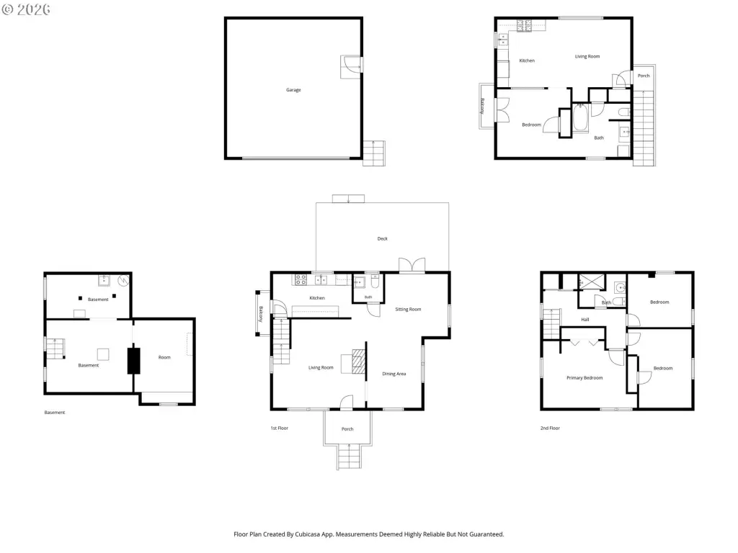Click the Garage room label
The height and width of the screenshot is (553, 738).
[293, 90]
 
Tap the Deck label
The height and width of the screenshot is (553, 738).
[382, 239]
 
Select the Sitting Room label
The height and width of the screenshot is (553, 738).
[408, 310]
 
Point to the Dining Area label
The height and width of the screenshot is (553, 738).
[394, 374]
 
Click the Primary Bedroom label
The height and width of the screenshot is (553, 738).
[584, 378]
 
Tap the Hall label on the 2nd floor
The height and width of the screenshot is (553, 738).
[585, 320]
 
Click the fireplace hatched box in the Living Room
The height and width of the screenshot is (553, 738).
[359, 361]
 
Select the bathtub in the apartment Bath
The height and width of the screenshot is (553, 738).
[580, 118]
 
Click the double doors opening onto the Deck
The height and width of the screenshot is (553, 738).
[412, 265]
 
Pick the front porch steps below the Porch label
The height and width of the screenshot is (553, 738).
[350, 456]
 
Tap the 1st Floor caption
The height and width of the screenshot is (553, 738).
[279, 428]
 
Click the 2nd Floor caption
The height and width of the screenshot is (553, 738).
[550, 428]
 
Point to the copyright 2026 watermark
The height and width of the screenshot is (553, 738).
[26, 9]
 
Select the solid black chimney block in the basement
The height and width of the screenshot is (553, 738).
[133, 361]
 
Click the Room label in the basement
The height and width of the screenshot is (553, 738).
[164, 357]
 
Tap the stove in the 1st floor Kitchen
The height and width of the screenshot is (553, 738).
[301, 280]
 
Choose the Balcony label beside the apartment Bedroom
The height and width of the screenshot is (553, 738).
[482, 106]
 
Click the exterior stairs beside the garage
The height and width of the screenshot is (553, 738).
[374, 153]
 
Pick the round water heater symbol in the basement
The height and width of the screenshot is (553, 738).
[123, 280]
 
